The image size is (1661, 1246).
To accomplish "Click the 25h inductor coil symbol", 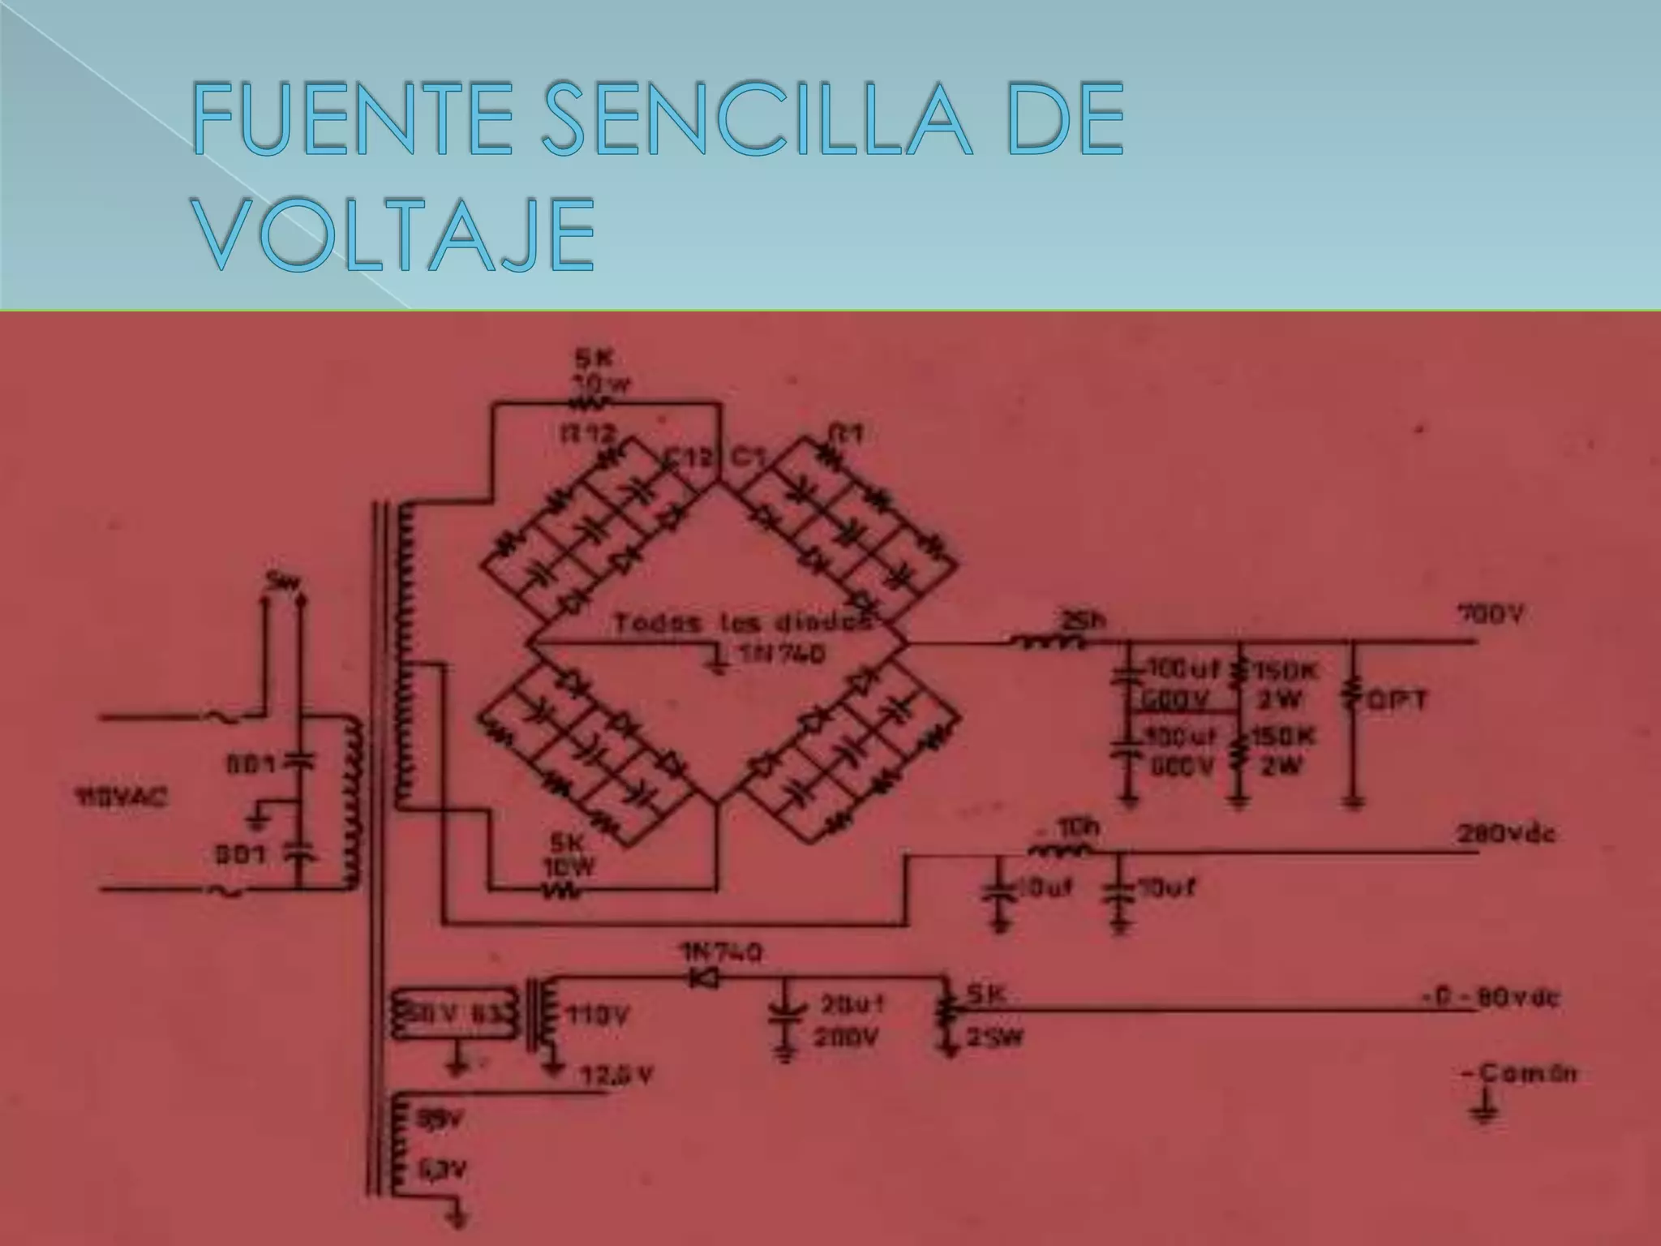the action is click(1053, 642).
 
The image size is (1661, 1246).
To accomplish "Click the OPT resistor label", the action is click(1397, 700).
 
